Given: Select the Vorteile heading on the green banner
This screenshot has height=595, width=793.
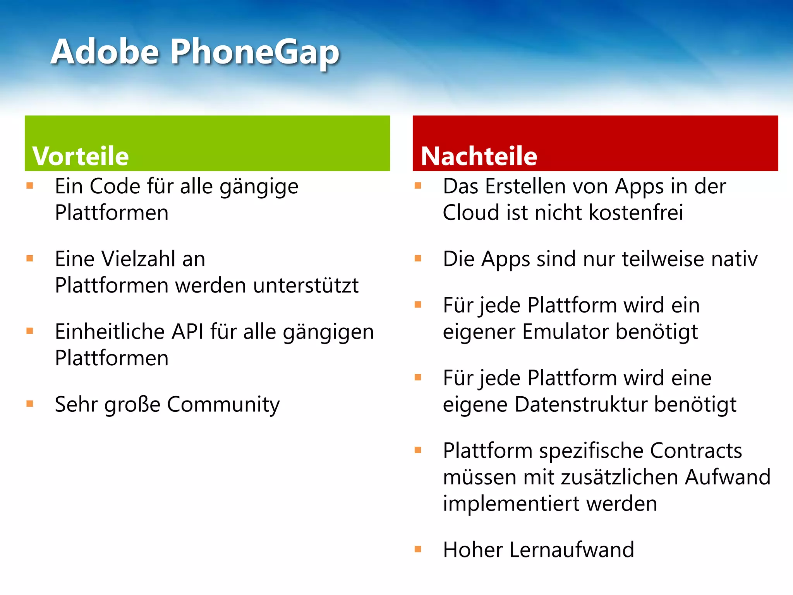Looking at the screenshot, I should (x=81, y=156).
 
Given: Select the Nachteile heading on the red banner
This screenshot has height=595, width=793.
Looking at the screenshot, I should (x=479, y=156).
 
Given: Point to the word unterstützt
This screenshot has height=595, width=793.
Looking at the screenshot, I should (x=306, y=285).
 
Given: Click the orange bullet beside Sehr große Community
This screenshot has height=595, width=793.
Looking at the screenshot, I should (x=30, y=404).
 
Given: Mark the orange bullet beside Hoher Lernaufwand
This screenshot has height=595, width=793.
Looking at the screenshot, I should (x=418, y=549).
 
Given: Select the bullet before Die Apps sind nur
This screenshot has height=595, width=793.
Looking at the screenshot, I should (x=418, y=258).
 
